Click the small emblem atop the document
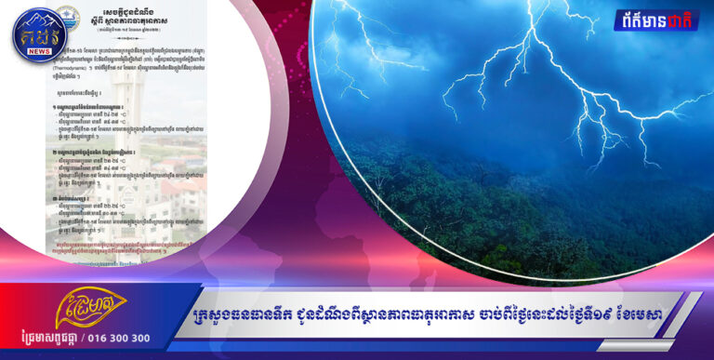click(x=67, y=15)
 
